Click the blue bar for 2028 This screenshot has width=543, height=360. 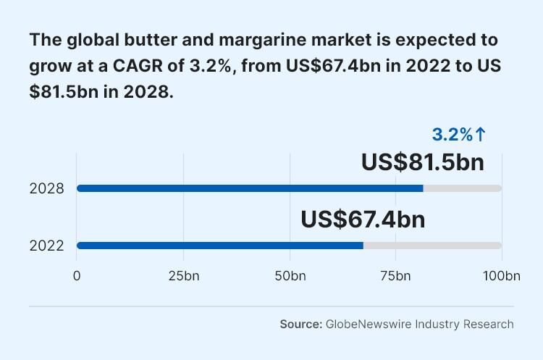pos(250,188)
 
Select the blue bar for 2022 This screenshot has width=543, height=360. pos(220,246)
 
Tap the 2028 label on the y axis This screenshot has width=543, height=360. pos(47,188)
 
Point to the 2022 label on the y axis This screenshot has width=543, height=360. pos(47,246)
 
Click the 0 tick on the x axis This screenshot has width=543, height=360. pos(77,276)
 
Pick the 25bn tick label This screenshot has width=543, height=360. pos(183,276)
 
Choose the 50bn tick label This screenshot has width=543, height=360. pos(290,276)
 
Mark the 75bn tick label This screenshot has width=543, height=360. pos(395,276)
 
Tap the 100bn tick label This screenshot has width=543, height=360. pos(502,276)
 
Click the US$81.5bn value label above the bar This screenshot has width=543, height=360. pos(422,162)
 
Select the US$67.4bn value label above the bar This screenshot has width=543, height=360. pos(363,219)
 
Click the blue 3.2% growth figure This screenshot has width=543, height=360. pos(452,134)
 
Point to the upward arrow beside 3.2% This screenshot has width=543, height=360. pos(481,134)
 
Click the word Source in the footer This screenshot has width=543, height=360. pos(300,324)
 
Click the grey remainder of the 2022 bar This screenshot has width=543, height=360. pos(432,246)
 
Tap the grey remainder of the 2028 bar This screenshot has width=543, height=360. pos(462,188)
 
